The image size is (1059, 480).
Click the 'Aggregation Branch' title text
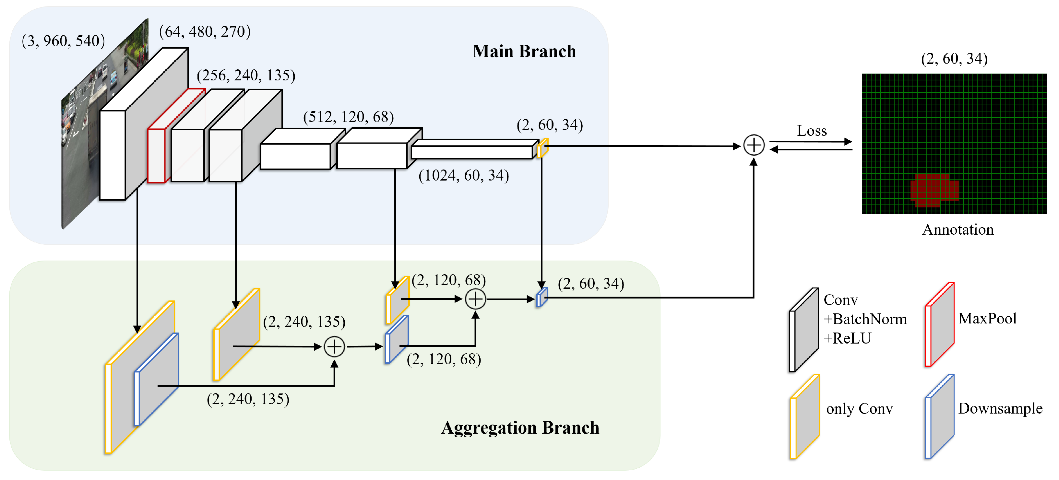point(520,428)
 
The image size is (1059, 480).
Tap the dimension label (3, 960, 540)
point(63,41)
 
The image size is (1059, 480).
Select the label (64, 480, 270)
point(205,32)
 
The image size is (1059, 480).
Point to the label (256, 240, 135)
point(246,75)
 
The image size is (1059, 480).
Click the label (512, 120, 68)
point(348,117)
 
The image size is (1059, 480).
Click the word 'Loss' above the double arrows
point(812,131)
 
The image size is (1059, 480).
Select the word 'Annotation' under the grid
point(958,229)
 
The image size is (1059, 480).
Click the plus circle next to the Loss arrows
point(754,145)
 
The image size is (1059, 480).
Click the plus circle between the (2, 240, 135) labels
point(334,347)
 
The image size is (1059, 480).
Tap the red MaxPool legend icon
point(939,325)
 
